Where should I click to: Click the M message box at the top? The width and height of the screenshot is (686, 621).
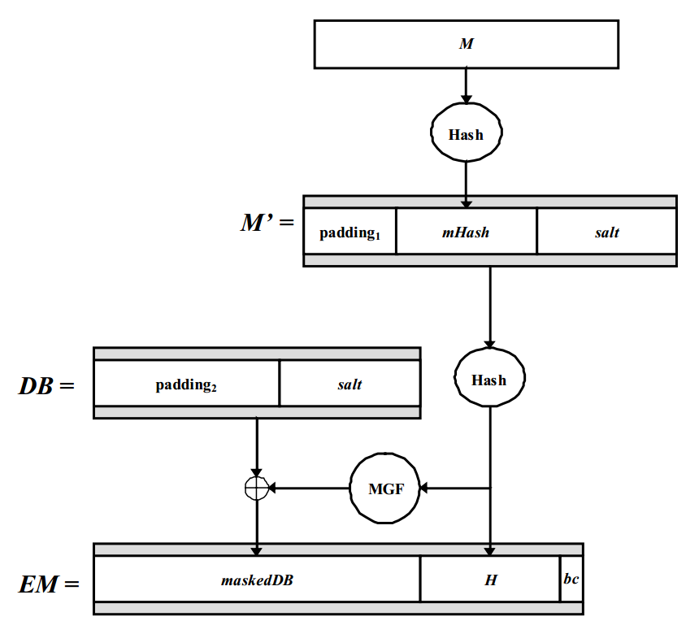pos(466,45)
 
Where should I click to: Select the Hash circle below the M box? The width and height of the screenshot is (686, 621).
pos(466,134)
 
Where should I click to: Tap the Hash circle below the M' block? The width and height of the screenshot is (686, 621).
pos(489,380)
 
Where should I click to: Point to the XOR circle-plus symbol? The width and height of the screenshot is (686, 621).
pos(257,489)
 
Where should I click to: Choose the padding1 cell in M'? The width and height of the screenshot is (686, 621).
pos(350,232)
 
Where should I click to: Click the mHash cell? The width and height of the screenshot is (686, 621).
pos(466,232)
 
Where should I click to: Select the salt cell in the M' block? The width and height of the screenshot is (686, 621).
pos(606,232)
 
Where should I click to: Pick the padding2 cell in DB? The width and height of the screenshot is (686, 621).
pos(186,384)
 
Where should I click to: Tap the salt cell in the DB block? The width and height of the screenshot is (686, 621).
pos(350,384)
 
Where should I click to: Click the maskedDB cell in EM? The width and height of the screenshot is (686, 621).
pos(257,580)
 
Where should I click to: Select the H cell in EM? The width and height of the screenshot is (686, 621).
pos(490,580)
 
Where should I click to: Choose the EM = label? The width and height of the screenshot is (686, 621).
pos(50,584)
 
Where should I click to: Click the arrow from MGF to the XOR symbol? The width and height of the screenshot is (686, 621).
pos(309,489)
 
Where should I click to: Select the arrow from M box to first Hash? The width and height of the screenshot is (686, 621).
pos(466,85)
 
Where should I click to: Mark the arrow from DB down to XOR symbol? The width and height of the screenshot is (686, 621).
pos(257,447)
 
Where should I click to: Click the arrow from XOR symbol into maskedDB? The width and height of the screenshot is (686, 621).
pos(257,524)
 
